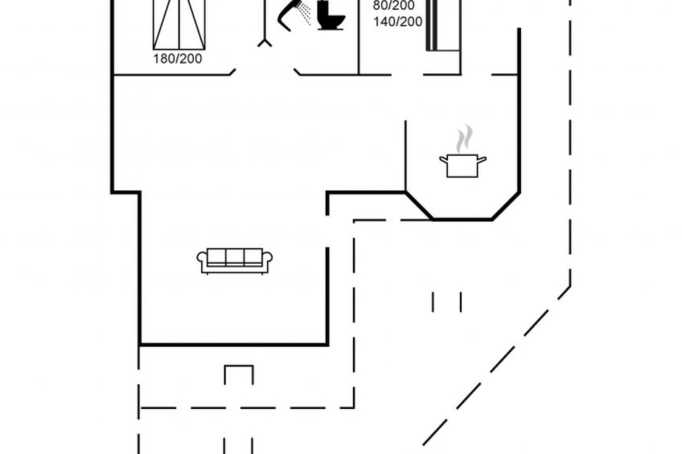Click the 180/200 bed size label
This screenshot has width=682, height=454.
178,59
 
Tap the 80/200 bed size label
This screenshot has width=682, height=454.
393,6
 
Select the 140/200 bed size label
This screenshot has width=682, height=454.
397,22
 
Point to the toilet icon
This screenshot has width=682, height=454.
330,16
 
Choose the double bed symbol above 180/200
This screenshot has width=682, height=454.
178,24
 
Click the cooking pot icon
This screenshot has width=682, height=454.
462,166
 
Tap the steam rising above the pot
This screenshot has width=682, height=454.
462,138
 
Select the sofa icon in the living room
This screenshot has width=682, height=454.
235,260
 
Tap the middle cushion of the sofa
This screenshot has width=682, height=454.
235,257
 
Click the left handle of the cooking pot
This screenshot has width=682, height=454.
442,159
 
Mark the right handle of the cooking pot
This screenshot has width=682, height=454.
483,159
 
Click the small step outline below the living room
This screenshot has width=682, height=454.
238,374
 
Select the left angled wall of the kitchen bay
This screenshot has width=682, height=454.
418,205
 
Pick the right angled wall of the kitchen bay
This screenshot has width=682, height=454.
506,206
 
